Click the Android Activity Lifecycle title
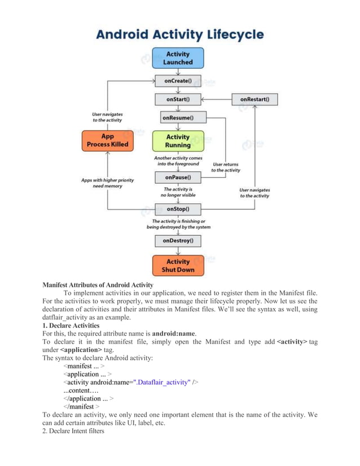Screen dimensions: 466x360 pyautogui.click(x=179, y=35)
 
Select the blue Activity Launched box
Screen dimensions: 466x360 pyautogui.click(x=178, y=58)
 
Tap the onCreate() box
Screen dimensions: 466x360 pyautogui.click(x=178, y=81)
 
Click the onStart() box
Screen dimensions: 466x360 pyautogui.click(x=178, y=99)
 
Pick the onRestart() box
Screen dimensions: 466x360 pyautogui.click(x=254, y=99)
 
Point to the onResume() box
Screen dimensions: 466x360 pyautogui.click(x=178, y=118)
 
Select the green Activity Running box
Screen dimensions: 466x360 pyautogui.click(x=178, y=140)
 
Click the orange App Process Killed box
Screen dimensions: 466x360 pyautogui.click(x=107, y=140)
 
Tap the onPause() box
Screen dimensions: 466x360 pyautogui.click(x=178, y=177)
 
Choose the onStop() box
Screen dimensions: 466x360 pyautogui.click(x=178, y=209)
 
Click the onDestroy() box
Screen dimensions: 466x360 pyautogui.click(x=178, y=240)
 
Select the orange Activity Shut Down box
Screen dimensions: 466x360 pyautogui.click(x=178, y=265)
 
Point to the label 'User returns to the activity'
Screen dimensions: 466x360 pyautogui.click(x=226, y=167)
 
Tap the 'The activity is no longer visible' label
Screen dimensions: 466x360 pyautogui.click(x=178, y=192)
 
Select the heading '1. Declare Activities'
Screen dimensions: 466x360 pyautogui.click(x=71, y=326)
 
